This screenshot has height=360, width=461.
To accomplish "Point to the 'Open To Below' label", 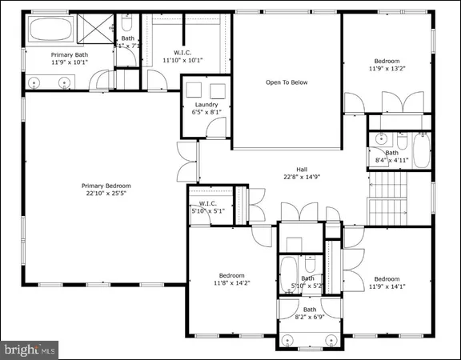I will [x=287, y=82].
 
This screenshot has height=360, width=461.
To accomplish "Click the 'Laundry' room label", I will [x=206, y=105].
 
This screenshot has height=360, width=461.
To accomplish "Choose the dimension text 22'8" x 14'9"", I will [x=302, y=177].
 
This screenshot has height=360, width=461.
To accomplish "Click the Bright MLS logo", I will [x=30, y=349].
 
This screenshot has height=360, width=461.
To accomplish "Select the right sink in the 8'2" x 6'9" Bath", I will [x=329, y=338].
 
